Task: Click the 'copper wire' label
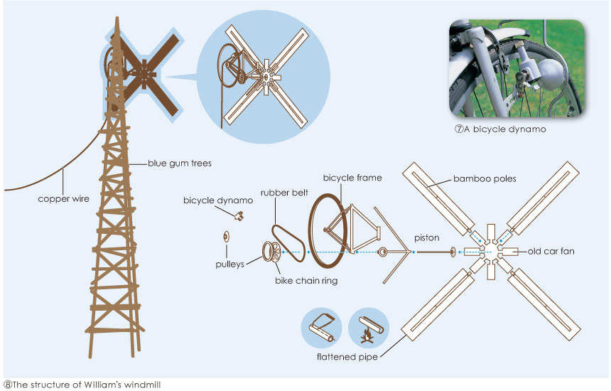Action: (x=64, y=199)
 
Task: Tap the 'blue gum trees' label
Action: (x=180, y=164)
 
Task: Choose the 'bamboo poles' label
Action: (x=485, y=178)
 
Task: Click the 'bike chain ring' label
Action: (x=306, y=281)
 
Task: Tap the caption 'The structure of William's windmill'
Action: (x=82, y=385)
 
